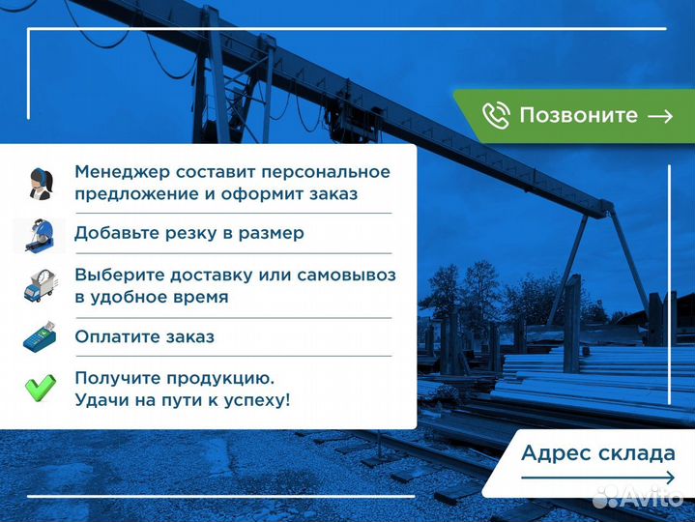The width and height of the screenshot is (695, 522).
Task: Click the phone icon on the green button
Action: click(x=496, y=116)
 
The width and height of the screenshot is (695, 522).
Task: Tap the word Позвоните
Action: click(x=578, y=116)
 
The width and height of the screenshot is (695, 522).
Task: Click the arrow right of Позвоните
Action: click(x=660, y=116)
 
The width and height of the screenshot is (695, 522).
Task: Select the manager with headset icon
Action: click(x=40, y=183)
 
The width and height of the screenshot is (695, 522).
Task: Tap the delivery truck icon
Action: click(x=40, y=285)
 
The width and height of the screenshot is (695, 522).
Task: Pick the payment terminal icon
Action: click(x=40, y=337)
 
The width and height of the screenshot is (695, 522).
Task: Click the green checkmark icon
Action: click(x=40, y=388)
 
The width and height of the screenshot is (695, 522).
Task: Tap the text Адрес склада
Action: click(x=597, y=452)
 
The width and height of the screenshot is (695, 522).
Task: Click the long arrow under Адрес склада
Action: click(x=597, y=478)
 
